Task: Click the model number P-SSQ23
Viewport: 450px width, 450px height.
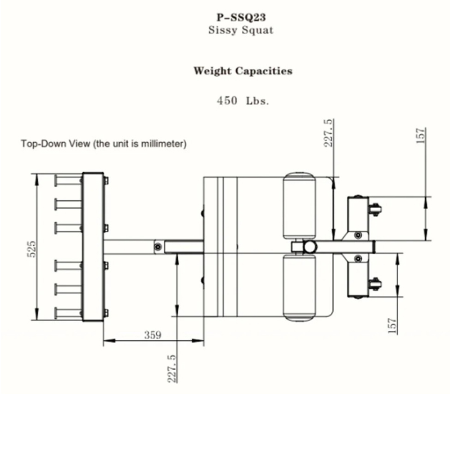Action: tap(241, 17)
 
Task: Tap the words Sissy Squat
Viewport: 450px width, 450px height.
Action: tap(241, 30)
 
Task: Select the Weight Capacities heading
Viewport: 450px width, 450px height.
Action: tap(243, 71)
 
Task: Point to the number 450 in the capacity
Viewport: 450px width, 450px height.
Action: tap(227, 101)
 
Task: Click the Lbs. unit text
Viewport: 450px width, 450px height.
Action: tap(258, 101)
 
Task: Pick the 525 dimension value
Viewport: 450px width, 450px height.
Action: tap(32, 249)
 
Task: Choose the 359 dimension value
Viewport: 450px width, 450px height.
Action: tap(152, 335)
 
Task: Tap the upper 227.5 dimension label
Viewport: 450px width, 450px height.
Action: tap(328, 133)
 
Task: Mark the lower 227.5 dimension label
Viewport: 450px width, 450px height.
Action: tap(172, 369)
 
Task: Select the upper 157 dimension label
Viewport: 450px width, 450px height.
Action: tap(421, 136)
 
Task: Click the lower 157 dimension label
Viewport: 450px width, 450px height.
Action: tap(392, 326)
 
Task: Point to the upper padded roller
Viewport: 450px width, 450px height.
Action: tap(299, 206)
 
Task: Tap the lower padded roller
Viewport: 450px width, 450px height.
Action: tap(299, 287)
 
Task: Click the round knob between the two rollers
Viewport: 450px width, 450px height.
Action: tap(310, 247)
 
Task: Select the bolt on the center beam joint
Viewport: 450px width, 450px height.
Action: tap(158, 247)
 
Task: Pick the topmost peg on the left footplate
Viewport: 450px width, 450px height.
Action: tap(67, 181)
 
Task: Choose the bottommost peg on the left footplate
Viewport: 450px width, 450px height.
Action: tap(67, 313)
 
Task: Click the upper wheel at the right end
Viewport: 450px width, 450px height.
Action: tap(375, 209)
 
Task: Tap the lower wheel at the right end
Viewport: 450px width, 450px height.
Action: tap(375, 284)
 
